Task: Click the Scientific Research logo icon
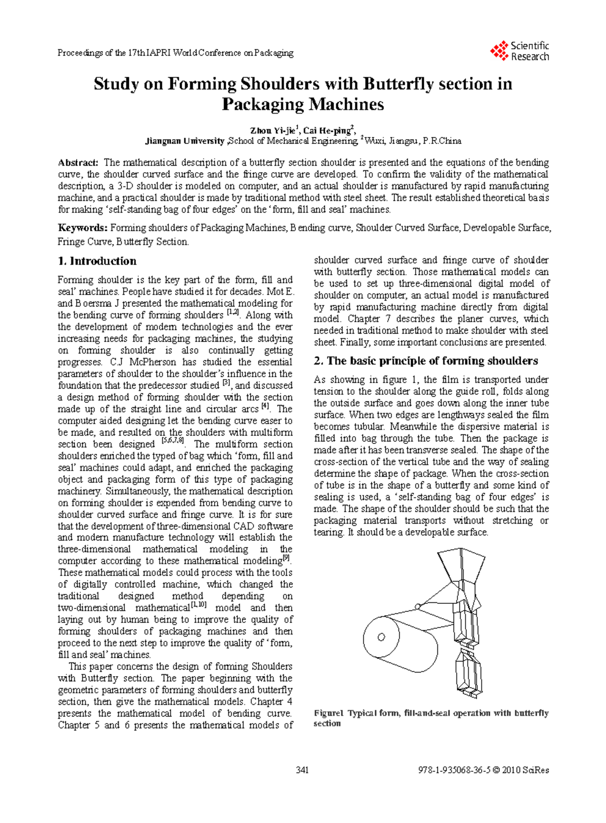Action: (x=499, y=51)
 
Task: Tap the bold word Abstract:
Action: (x=78, y=163)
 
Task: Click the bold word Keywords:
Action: (x=82, y=228)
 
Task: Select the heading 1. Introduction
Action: (x=97, y=261)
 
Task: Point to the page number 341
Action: (x=302, y=770)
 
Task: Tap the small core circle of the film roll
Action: (x=381, y=637)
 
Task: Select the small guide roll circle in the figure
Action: (x=417, y=606)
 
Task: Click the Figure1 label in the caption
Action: (x=328, y=713)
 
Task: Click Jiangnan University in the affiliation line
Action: (x=184, y=141)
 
